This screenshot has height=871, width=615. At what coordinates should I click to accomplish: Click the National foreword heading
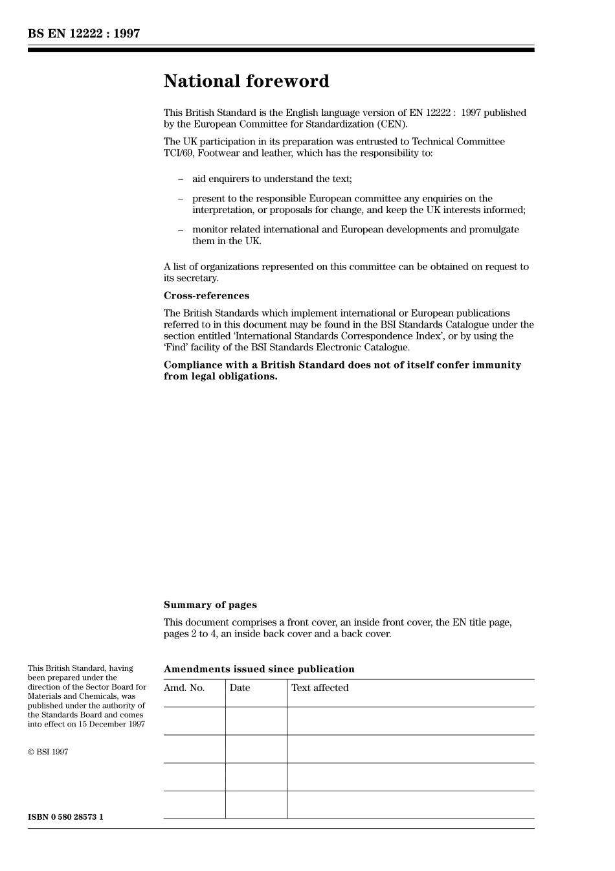[x=246, y=82]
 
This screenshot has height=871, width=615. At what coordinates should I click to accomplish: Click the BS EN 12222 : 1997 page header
[x=84, y=34]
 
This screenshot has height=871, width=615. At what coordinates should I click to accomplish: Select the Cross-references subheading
[x=206, y=296]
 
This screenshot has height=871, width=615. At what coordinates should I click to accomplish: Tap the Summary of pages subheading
[x=210, y=605]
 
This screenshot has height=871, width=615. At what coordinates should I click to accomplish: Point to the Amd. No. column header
[x=184, y=688]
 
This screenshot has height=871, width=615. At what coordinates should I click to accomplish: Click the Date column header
[x=240, y=688]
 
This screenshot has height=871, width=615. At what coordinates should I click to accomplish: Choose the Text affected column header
[x=320, y=688]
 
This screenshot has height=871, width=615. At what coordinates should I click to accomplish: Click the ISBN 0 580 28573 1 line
[x=65, y=817]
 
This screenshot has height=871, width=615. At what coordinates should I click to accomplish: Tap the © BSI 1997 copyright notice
[x=48, y=752]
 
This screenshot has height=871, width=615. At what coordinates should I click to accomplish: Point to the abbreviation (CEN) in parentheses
[x=393, y=124]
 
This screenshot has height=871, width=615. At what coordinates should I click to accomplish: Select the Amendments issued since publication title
[x=259, y=669]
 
